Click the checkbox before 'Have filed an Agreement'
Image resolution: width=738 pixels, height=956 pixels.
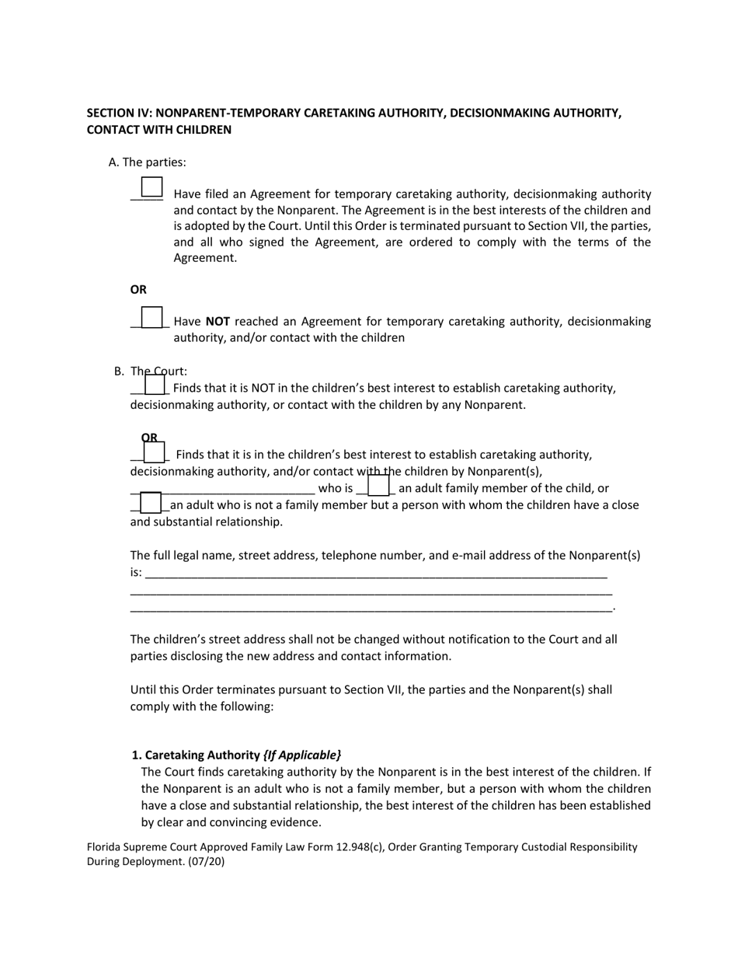pos(151,187)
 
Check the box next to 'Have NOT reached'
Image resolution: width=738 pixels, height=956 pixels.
pos(152,317)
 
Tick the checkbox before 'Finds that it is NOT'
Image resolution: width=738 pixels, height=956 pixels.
pos(155,384)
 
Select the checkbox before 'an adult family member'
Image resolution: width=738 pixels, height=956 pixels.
pos(378,486)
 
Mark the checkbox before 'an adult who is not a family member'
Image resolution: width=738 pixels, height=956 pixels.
pos(151,502)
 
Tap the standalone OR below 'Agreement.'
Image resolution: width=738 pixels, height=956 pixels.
pos(138,290)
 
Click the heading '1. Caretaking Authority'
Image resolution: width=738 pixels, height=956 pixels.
pos(196,755)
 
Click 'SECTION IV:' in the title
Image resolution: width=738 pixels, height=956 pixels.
pos(119,113)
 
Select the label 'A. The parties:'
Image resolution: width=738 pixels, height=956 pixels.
pos(148,162)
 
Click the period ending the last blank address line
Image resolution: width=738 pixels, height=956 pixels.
pos(614,608)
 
